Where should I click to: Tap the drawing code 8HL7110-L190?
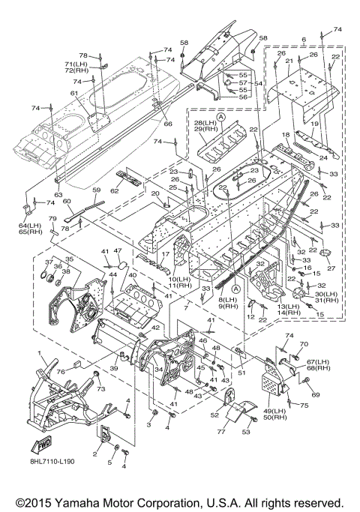pyautogui.click(x=51, y=461)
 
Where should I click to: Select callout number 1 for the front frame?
pyautogui.click(x=40, y=353)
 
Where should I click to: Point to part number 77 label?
pyautogui.click(x=221, y=432)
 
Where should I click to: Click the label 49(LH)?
pyautogui.click(x=274, y=411)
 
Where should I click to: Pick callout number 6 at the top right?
pyautogui.click(x=304, y=40)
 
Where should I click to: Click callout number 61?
pyautogui.click(x=75, y=94)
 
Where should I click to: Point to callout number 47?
pyautogui.click(x=118, y=251)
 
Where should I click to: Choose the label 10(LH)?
pyautogui.click(x=179, y=279)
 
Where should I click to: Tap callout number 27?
pyautogui.click(x=331, y=268)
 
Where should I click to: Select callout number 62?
pyautogui.click(x=114, y=191)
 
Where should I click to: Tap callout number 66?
pyautogui.click(x=168, y=124)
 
